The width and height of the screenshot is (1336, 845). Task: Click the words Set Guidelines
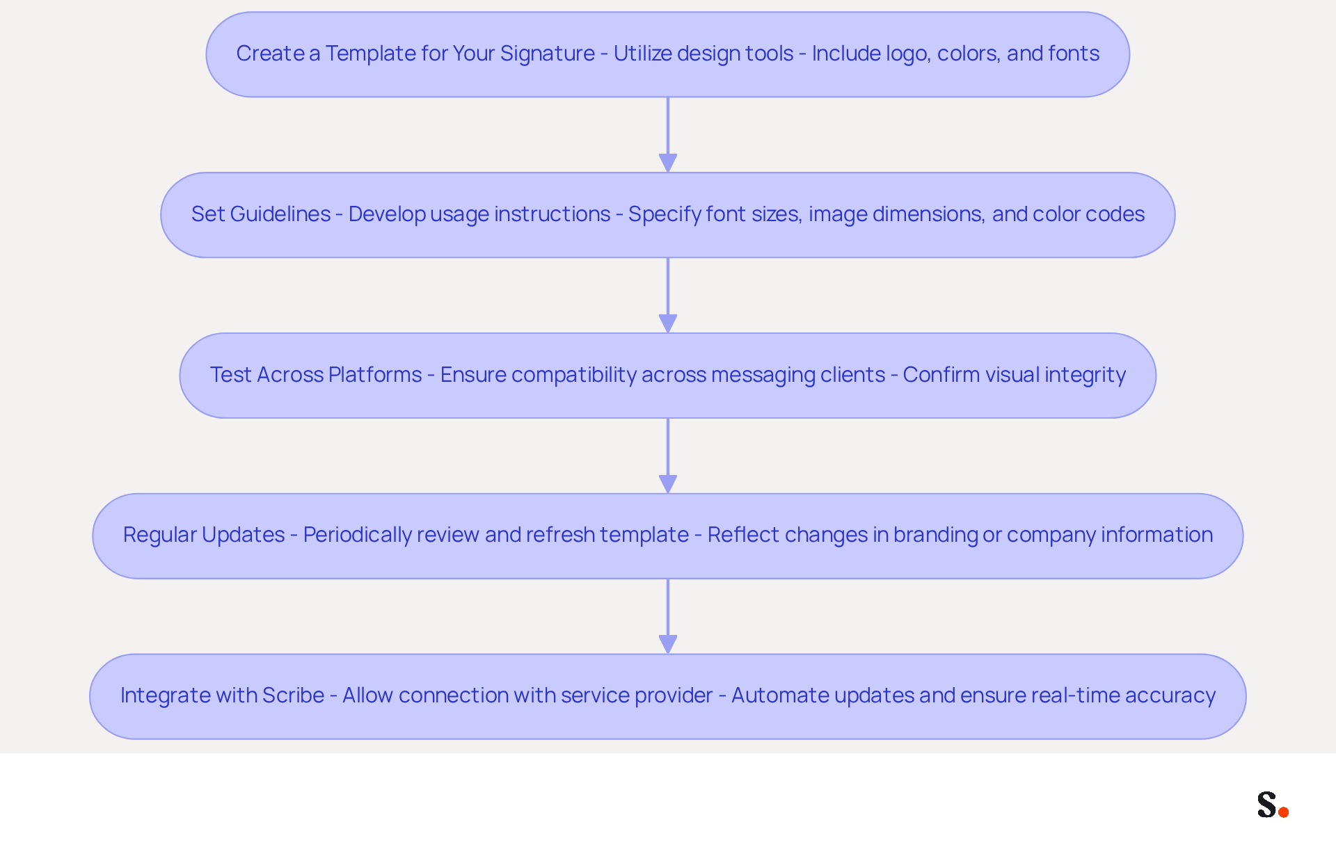click(x=261, y=214)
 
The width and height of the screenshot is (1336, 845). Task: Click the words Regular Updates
click(x=204, y=535)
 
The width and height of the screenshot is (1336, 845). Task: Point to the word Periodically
click(x=358, y=535)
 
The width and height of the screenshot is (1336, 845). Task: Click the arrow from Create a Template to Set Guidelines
click(x=668, y=135)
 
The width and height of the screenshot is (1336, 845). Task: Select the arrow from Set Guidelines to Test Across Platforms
click(x=668, y=296)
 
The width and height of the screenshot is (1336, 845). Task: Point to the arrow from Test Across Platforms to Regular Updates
click(x=668, y=456)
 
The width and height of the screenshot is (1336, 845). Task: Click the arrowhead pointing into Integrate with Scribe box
click(x=668, y=644)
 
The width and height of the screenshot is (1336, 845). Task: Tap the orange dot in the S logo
click(x=1284, y=812)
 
